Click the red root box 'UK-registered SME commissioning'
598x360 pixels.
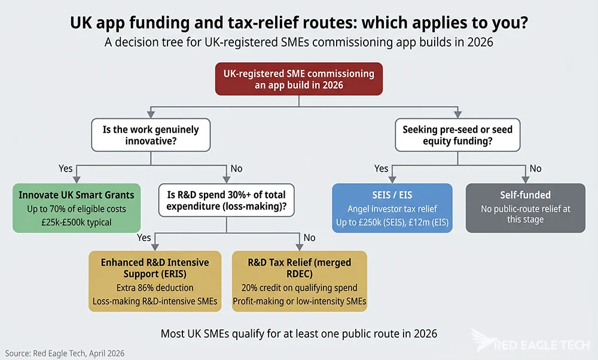coord(298,79)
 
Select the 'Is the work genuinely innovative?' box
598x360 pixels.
coord(150,135)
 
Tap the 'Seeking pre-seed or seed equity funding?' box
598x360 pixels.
coord(457,135)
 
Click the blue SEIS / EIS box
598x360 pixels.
coord(392,208)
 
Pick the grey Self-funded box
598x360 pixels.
coord(525,208)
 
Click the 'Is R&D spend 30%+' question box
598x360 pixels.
coord(226,200)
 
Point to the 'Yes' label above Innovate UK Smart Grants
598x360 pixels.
coord(65,169)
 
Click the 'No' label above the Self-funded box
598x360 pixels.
coord(535,169)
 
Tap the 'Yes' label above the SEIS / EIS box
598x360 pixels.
coord(382,169)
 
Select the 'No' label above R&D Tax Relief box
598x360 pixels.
coord(309,237)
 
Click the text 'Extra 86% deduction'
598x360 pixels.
coord(154,288)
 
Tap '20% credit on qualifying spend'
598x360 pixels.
coord(299,288)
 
